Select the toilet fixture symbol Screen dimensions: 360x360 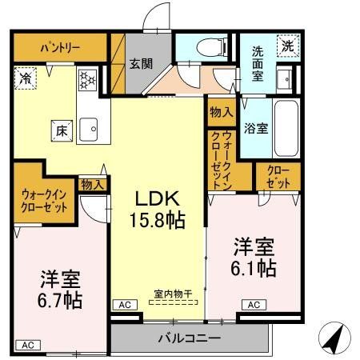point(207,46)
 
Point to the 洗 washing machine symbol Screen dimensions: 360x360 point(286,46)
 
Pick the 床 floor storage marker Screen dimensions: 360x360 point(59,127)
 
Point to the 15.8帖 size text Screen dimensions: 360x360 point(156,219)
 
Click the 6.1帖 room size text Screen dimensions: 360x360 point(255,269)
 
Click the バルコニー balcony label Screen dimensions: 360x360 point(189,338)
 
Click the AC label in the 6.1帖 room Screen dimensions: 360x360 point(253,305)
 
